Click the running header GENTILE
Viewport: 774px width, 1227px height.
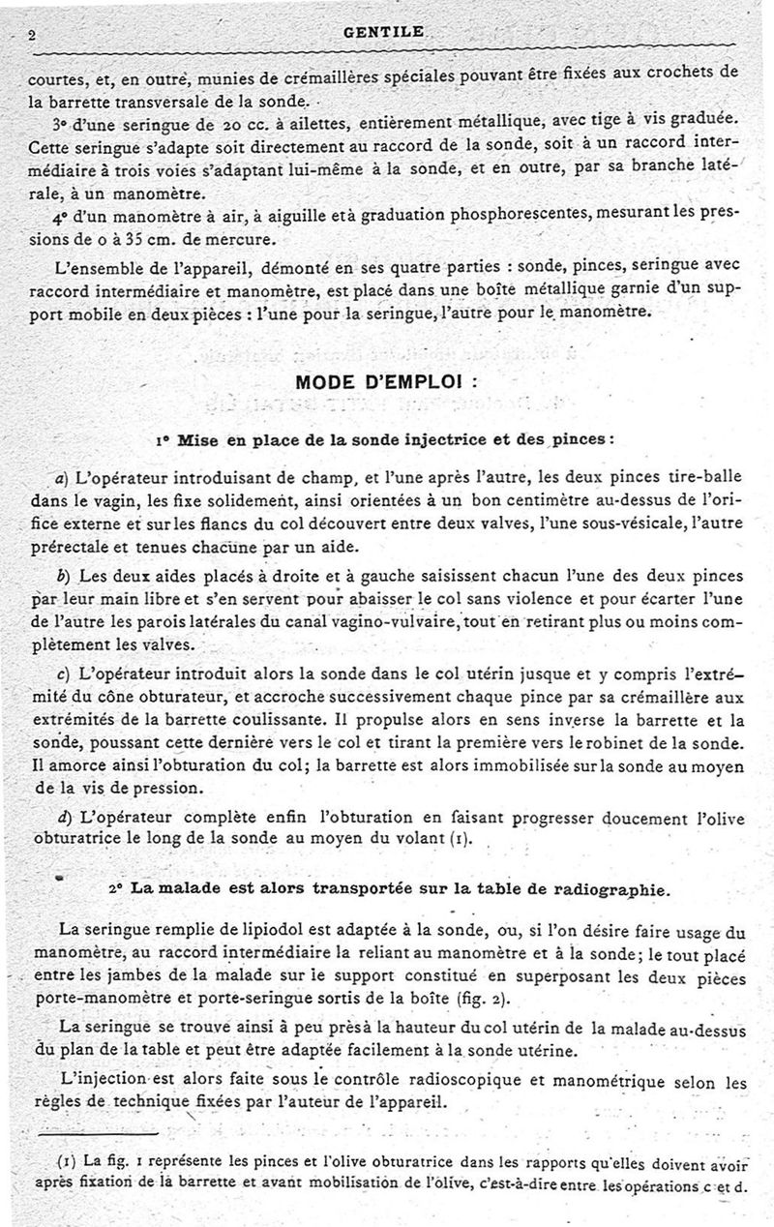tap(383, 32)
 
